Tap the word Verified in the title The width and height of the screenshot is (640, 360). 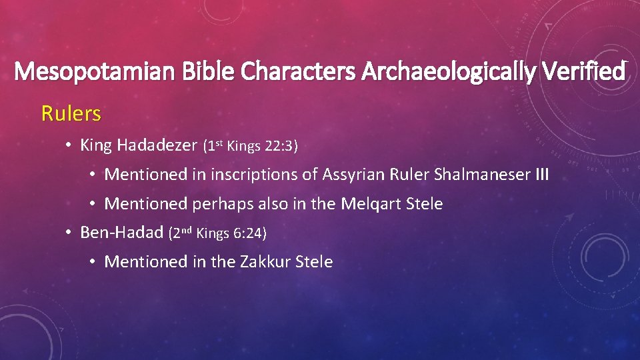click(x=581, y=71)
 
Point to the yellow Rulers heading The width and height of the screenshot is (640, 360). click(x=71, y=114)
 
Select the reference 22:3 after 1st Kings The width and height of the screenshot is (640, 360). click(x=282, y=146)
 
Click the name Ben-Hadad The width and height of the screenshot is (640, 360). click(x=121, y=233)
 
